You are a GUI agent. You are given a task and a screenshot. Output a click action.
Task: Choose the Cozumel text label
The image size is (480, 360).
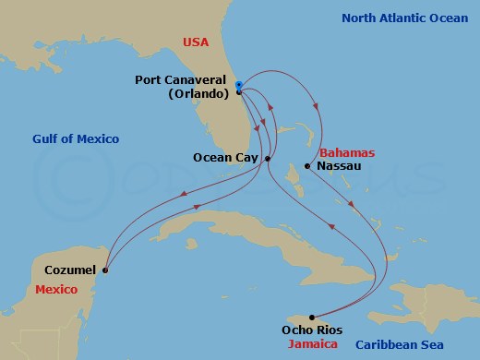click(70, 270)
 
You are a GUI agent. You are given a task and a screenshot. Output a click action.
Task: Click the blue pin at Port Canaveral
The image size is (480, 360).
click(238, 88)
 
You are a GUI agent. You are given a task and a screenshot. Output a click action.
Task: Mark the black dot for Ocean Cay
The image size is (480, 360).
click(268, 159)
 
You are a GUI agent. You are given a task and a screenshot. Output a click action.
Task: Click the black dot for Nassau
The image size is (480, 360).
click(307, 167)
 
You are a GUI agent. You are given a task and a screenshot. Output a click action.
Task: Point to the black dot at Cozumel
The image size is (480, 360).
click(105, 270)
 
